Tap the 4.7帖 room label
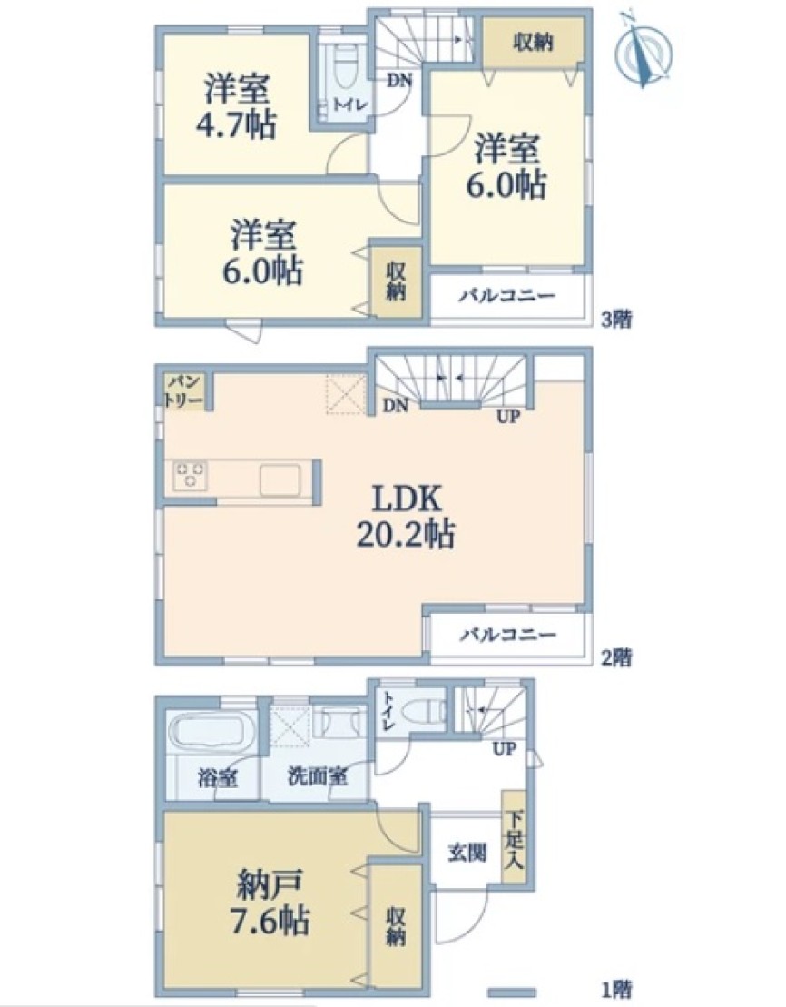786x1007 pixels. pyautogui.click(x=236, y=106)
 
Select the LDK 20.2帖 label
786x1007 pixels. pyautogui.click(x=406, y=516)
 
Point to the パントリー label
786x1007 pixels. pyautogui.click(x=185, y=391)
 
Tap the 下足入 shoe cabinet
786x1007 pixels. pyautogui.click(x=514, y=841)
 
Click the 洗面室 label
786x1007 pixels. pyautogui.click(x=318, y=777)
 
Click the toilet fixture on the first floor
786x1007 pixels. pyautogui.click(x=425, y=710)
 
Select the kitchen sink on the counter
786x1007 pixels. pyautogui.click(x=280, y=479)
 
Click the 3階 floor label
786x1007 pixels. pyautogui.click(x=616, y=320)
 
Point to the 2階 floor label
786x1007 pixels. pyautogui.click(x=616, y=657)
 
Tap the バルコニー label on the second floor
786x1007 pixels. pyautogui.click(x=507, y=635)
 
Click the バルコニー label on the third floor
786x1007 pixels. pyautogui.click(x=506, y=296)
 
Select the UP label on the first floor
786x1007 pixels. pyautogui.click(x=504, y=749)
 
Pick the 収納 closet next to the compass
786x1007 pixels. pyautogui.click(x=533, y=43)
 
